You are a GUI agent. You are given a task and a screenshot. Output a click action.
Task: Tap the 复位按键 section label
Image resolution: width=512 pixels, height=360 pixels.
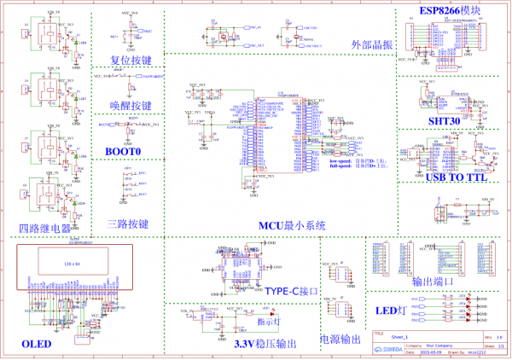click(x=131, y=61)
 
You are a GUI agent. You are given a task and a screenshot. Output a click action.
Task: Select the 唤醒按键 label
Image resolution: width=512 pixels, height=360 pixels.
click(x=131, y=106)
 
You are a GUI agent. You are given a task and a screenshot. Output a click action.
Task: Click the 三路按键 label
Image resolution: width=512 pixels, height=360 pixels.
click(x=129, y=225)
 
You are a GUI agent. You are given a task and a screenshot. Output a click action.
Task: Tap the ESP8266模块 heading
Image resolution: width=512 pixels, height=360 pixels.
click(x=450, y=11)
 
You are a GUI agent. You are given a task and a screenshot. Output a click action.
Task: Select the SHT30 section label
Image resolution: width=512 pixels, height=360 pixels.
click(x=446, y=122)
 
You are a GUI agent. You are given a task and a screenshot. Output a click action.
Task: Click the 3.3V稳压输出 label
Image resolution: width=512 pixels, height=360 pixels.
click(x=265, y=344)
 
